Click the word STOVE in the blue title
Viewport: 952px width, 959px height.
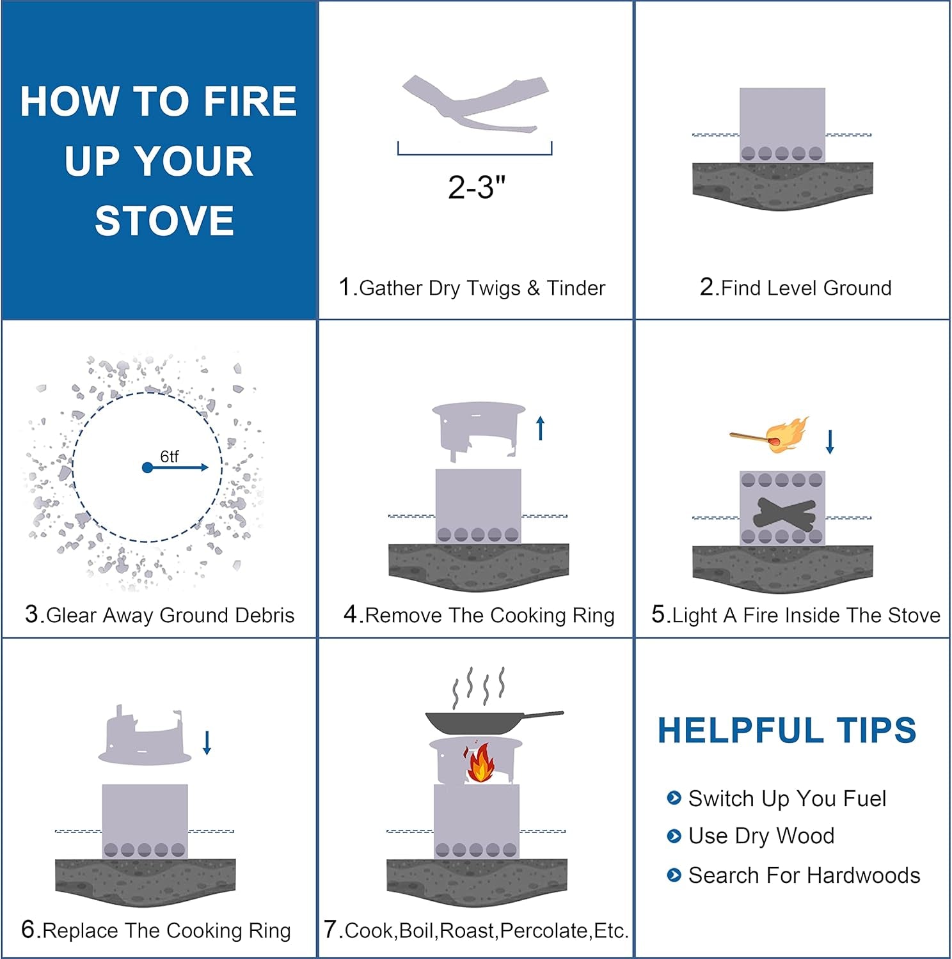pyautogui.click(x=164, y=221)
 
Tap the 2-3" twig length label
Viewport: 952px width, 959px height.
pyautogui.click(x=477, y=187)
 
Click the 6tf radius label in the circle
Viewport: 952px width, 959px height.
pyautogui.click(x=169, y=456)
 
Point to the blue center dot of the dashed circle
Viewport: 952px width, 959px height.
pyautogui.click(x=147, y=468)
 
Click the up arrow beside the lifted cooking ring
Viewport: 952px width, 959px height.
pyautogui.click(x=541, y=428)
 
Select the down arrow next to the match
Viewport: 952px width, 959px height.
pyautogui.click(x=830, y=442)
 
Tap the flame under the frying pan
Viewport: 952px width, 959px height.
pyautogui.click(x=480, y=763)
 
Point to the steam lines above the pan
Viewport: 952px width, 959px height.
pyautogui.click(x=479, y=687)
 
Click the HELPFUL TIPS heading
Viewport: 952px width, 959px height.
pyautogui.click(x=787, y=730)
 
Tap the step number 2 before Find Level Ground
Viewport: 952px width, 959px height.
pyautogui.click(x=707, y=287)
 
